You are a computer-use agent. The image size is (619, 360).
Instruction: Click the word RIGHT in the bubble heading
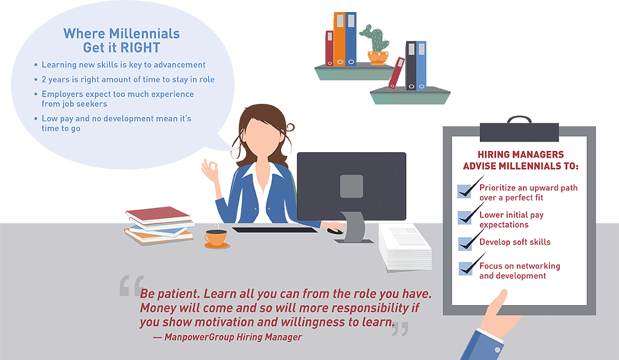(141, 48)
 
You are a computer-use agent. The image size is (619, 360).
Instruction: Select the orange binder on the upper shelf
(340, 39)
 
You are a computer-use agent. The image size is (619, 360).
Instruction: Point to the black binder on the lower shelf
(411, 66)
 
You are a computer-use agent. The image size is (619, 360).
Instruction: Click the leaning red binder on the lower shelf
(397, 73)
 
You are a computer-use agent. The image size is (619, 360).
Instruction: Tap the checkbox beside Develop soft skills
(465, 243)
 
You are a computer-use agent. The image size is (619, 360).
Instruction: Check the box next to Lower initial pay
(464, 217)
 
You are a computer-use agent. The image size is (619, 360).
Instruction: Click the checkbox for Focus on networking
(466, 269)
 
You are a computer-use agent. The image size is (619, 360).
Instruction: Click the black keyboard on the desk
(274, 230)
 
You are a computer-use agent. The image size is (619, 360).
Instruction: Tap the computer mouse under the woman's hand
(335, 231)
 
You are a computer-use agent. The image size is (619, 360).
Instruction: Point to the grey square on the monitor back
(351, 186)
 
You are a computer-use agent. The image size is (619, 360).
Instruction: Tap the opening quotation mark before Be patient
(131, 286)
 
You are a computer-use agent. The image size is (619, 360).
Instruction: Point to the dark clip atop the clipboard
(519, 129)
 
